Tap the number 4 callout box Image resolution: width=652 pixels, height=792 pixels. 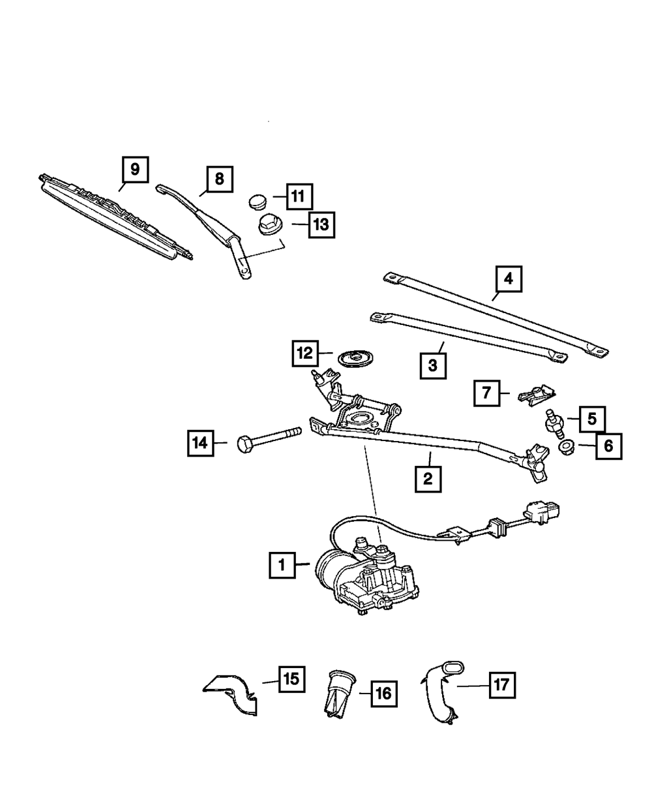tap(508, 280)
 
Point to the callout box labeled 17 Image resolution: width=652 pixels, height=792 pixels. tap(501, 686)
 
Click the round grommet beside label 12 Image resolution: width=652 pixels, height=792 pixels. tap(355, 358)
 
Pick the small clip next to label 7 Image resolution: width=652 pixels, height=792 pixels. tap(537, 395)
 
